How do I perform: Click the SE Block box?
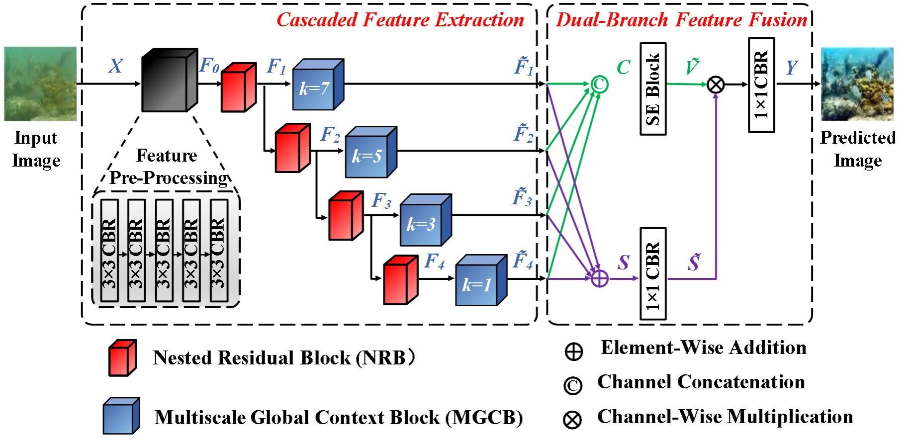[653, 89]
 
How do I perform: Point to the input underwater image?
[40, 84]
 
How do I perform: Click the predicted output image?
[857, 84]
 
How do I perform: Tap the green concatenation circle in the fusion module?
[600, 85]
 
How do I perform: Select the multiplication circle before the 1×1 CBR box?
[716, 85]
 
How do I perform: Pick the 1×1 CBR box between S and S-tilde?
[653, 274]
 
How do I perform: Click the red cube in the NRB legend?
[122, 358]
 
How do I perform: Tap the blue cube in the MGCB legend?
[121, 416]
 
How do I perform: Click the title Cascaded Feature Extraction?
[400, 20]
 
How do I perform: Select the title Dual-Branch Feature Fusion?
[681, 20]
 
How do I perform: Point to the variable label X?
[115, 66]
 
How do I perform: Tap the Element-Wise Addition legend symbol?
[573, 351]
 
